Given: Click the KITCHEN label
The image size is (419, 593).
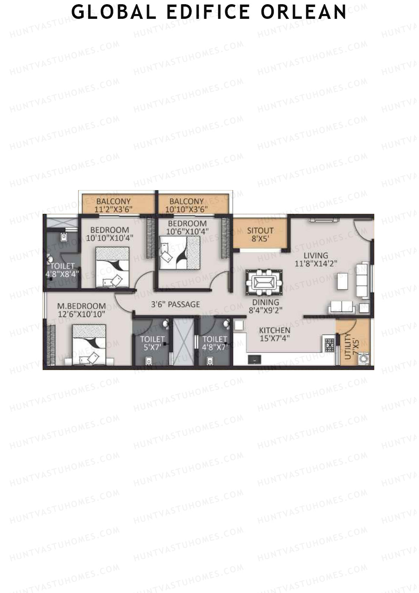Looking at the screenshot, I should coord(274,330).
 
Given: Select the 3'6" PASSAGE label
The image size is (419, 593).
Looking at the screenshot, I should coord(175,304).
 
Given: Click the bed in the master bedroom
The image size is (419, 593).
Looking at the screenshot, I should coord(89,344).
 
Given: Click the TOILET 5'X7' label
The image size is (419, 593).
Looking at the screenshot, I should coord(152,343).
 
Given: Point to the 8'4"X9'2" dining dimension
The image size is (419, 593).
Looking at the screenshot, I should coord(265,310).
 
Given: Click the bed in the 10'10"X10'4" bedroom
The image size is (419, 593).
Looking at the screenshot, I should coord(112,267).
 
